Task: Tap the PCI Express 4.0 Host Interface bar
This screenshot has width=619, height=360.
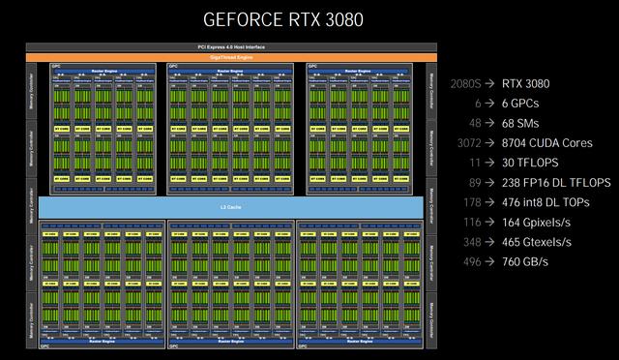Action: (x=230, y=47)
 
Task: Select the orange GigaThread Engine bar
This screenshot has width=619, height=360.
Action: (x=230, y=57)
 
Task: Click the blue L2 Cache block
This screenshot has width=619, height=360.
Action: (x=230, y=206)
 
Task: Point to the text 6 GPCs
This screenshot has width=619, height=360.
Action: (x=523, y=103)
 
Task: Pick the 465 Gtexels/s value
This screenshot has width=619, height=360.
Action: (x=542, y=247)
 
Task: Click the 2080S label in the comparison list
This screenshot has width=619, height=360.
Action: (x=466, y=82)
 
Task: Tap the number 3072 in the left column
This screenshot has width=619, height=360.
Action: (x=469, y=144)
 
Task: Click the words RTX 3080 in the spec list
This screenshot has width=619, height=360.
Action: (x=532, y=82)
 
